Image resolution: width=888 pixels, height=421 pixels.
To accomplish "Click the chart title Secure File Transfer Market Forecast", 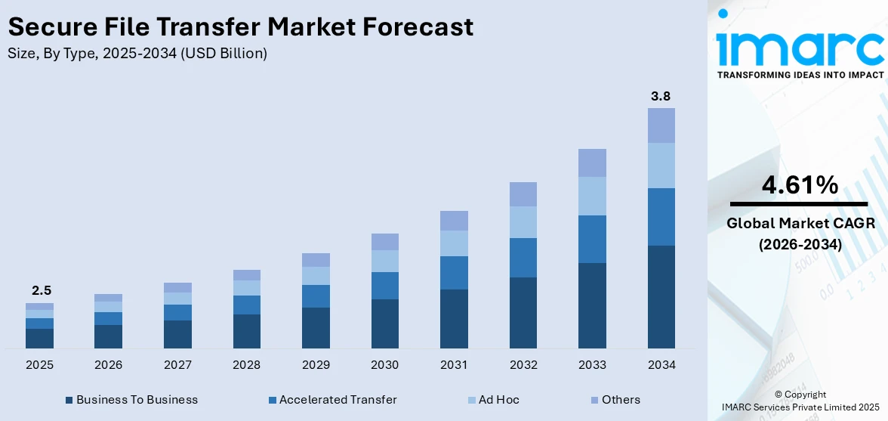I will (x=240, y=27).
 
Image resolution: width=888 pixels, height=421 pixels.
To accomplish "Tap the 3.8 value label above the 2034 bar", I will (x=661, y=96).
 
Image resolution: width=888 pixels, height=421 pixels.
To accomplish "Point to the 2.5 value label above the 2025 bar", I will (x=39, y=291).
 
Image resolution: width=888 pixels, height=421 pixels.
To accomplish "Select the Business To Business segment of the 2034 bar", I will (x=661, y=296).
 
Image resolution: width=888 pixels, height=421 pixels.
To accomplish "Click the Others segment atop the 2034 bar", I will (x=661, y=125).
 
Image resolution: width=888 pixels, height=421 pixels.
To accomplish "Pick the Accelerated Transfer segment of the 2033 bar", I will (x=592, y=239).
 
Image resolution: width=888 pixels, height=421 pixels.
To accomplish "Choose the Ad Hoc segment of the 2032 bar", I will (x=523, y=222).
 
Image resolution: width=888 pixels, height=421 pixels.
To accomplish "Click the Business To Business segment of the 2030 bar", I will (x=384, y=323).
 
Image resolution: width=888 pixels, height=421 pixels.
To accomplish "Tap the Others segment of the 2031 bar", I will (x=454, y=221).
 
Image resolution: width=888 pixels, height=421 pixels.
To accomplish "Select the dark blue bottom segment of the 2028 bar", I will (x=247, y=331).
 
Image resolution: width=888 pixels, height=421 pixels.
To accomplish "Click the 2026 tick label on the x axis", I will (x=109, y=365).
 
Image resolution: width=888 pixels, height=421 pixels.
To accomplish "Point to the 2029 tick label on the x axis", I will (x=316, y=365).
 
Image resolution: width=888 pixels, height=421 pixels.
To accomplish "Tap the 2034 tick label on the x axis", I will (x=661, y=365).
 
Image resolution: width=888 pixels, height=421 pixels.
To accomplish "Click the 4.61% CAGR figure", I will (x=799, y=184).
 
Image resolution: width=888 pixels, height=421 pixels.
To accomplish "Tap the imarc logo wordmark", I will (x=799, y=47).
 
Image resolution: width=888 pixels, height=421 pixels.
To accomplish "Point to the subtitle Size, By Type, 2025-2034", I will (x=137, y=54).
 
